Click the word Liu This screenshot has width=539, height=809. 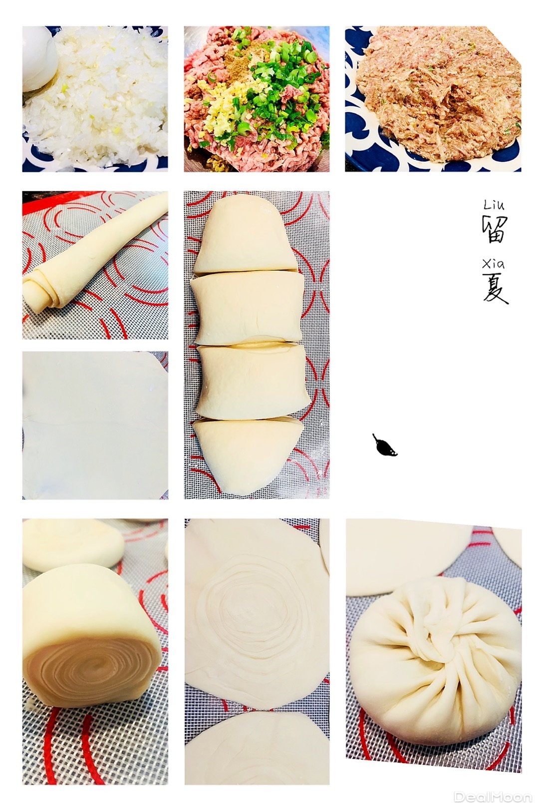point(494,205)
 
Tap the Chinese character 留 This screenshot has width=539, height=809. point(495,229)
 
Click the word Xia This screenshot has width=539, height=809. point(493,264)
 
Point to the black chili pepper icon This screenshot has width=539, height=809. point(384,446)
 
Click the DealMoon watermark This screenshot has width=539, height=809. point(492,797)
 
